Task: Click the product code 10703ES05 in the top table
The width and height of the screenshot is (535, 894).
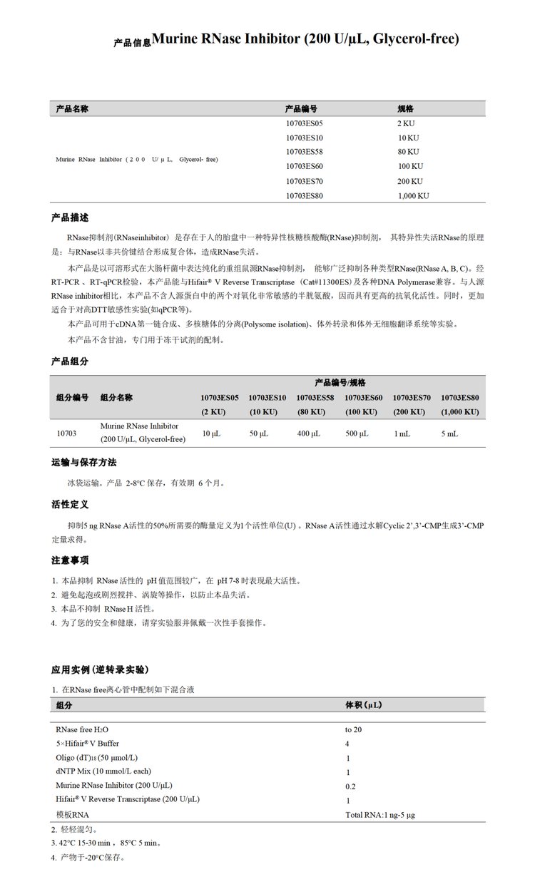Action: coord(304,123)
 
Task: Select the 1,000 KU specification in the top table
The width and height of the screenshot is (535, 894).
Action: coord(413,195)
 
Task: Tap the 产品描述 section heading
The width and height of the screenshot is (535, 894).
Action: coord(70,217)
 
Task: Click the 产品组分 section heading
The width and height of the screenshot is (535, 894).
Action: coord(70,361)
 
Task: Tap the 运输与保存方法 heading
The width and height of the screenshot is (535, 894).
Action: coord(83,462)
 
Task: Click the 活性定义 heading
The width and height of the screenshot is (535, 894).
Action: coord(70,504)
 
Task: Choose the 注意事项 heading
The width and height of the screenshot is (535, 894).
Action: coord(70,560)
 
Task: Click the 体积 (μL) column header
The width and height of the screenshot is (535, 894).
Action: coord(367,705)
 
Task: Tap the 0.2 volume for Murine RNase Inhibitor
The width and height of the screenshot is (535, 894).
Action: coord(350,786)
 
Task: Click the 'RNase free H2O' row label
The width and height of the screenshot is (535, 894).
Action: coord(83,730)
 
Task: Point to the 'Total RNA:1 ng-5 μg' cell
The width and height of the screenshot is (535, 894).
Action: coord(379,815)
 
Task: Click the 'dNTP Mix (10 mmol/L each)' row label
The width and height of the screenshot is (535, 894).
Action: coord(103,771)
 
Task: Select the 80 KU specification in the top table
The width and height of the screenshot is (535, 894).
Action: coord(408,152)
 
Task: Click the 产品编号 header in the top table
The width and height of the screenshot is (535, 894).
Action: coord(301,108)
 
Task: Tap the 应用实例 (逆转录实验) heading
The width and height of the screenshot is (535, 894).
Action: coord(100,669)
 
